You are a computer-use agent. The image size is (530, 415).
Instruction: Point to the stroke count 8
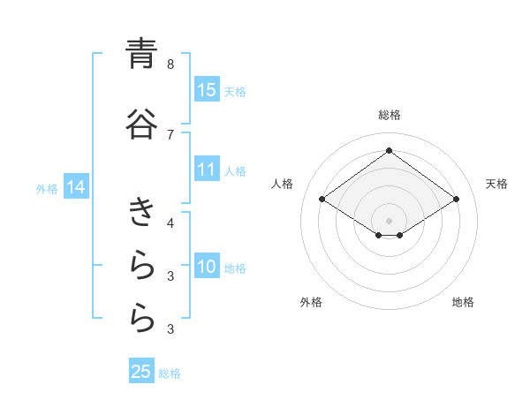170,64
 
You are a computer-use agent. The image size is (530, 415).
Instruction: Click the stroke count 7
170,134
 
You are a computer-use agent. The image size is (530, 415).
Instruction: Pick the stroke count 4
170,223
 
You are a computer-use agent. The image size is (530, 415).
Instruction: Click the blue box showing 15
207,90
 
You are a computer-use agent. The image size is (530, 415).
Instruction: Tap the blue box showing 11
207,170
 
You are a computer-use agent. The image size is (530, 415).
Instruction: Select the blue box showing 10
207,267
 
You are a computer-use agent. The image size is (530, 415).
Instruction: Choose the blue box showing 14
76,187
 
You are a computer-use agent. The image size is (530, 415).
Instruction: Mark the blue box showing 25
141,372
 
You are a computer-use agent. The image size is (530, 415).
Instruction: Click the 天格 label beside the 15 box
234,91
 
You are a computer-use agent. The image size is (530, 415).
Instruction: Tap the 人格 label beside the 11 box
234,170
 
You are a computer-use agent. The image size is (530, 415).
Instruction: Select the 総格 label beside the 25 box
170,373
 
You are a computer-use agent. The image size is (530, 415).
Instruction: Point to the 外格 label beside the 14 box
47,188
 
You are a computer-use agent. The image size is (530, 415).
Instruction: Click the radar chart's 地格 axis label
463,302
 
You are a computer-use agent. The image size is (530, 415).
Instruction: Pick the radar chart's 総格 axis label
389,115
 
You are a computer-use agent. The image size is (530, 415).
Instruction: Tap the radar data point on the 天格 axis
456,200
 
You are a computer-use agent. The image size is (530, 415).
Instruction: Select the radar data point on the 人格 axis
322,200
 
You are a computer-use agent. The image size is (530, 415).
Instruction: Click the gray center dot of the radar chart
389,220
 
